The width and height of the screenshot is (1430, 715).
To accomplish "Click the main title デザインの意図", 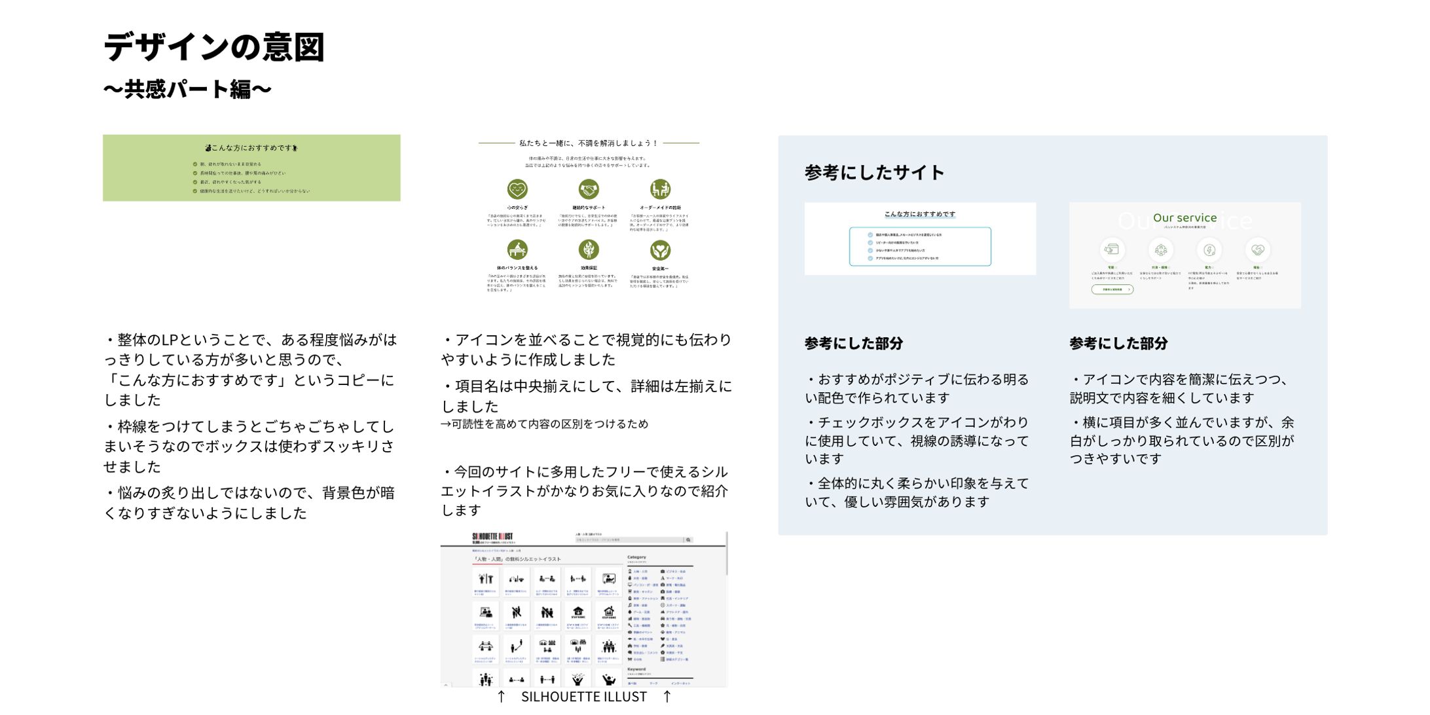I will click(x=213, y=48).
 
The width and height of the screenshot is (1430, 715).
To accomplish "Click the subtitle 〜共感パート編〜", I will click(x=187, y=89).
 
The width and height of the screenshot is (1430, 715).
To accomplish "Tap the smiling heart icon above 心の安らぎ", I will click(x=517, y=189).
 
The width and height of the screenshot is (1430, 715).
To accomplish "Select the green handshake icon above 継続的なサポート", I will click(x=589, y=189).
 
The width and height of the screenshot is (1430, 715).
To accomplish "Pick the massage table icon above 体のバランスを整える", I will click(x=517, y=249).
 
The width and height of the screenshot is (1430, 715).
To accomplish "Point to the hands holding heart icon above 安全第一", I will click(x=660, y=249).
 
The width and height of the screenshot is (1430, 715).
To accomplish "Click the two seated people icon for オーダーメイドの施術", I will click(x=660, y=189).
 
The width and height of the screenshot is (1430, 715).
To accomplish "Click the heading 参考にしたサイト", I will click(x=874, y=173).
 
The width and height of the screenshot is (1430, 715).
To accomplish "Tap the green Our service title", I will click(x=1184, y=217).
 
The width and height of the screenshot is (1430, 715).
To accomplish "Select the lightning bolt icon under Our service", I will click(x=1209, y=249).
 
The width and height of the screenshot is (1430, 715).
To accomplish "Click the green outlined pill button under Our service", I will click(x=1112, y=289).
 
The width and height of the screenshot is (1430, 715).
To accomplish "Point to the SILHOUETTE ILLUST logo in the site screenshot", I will click(x=492, y=537).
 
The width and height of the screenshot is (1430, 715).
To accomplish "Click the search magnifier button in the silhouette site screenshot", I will click(x=688, y=540).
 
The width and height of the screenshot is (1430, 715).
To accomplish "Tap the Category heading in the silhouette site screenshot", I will click(x=636, y=557).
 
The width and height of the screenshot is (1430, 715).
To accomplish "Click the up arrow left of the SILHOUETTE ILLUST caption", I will click(x=501, y=697).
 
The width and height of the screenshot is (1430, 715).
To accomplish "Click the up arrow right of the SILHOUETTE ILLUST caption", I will click(x=667, y=697).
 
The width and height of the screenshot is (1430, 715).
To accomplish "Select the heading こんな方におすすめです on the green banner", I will click(x=252, y=148).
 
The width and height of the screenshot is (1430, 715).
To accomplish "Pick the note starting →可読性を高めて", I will click(x=544, y=424).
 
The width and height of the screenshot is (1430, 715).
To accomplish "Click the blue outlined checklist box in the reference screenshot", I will click(x=920, y=246).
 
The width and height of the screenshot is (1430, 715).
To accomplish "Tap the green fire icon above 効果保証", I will click(x=589, y=249).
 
